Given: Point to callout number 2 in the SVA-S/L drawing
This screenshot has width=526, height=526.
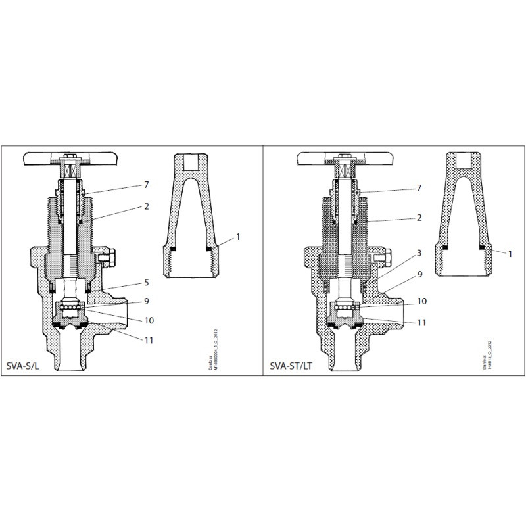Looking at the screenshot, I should [x=146, y=206].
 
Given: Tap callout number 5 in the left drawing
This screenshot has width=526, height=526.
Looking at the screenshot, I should [x=146, y=282].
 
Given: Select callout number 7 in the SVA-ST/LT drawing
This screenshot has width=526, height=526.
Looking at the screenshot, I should [x=418, y=189].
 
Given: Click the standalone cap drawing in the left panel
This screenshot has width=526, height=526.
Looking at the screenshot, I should [x=190, y=217].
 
